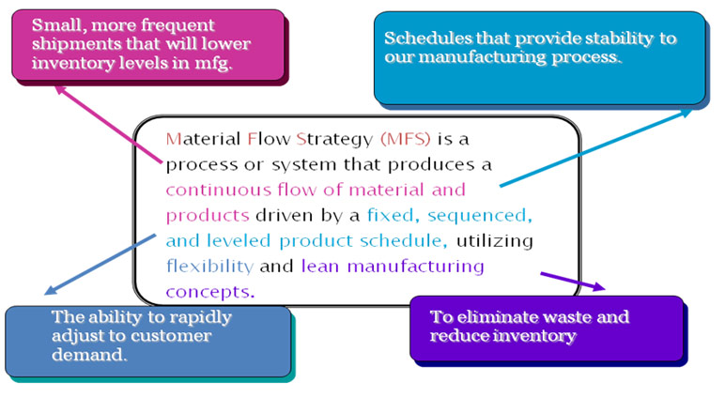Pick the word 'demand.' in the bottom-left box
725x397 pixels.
89,355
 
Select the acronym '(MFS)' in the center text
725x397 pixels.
406,139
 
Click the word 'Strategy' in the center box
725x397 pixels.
334,139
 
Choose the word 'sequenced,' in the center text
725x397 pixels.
480,216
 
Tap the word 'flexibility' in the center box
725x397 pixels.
209,267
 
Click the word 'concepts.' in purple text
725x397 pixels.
210,292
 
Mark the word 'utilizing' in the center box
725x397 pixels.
495,241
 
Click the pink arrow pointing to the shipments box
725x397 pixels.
109,124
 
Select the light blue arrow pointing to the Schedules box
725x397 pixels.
596,148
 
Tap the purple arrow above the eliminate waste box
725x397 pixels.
573,282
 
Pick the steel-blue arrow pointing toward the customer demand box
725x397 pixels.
100,264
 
